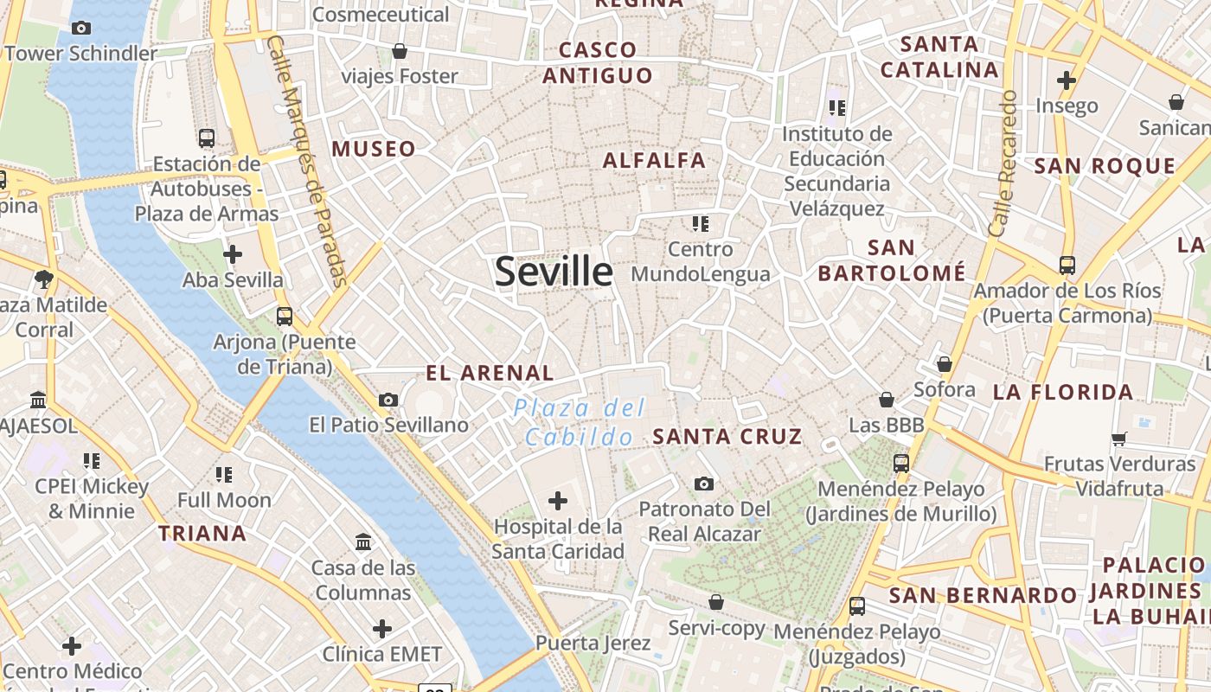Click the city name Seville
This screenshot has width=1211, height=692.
click(554, 272)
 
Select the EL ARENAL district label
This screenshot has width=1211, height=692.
click(490, 373)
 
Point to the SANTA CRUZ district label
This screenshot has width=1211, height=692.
click(727, 436)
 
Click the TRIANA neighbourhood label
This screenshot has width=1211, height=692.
click(202, 533)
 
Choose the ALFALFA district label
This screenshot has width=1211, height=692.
click(654, 160)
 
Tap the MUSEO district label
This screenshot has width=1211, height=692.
click(374, 149)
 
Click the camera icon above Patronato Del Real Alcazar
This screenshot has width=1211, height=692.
click(704, 484)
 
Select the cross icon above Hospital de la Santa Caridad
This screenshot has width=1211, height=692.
click(558, 500)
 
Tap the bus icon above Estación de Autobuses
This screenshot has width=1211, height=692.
click(207, 138)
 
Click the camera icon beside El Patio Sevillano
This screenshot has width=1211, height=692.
click(388, 400)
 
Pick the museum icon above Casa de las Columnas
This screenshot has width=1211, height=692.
click(363, 542)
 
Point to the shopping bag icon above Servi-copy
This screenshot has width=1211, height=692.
click(715, 602)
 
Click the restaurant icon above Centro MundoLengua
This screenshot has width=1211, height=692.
click(700, 224)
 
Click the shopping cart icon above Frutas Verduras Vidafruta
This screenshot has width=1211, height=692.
click(1118, 439)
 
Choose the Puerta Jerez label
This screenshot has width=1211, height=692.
click(593, 643)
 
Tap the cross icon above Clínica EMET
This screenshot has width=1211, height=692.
click(382, 628)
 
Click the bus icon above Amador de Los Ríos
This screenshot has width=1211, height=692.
click(1067, 265)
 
